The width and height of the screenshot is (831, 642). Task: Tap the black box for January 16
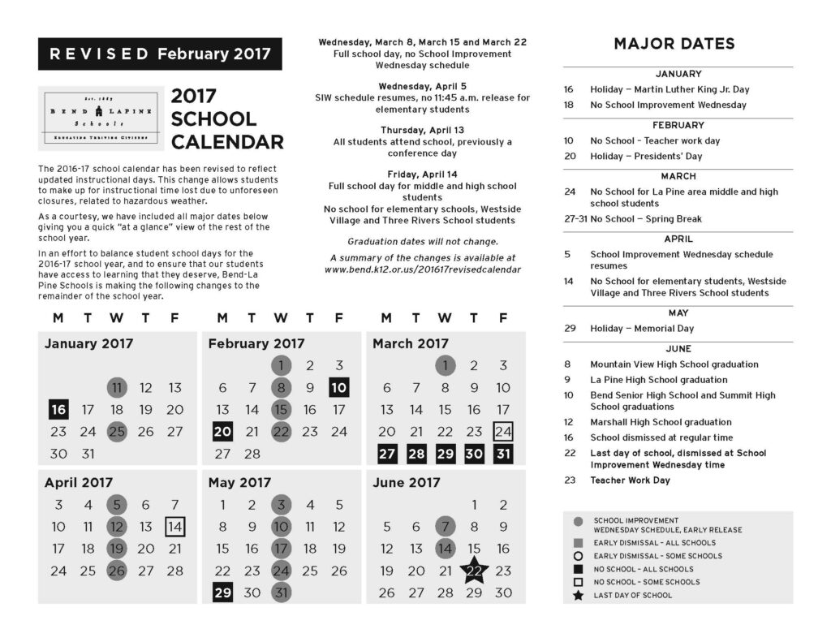click(x=58, y=408)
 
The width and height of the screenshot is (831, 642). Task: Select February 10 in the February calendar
click(x=339, y=388)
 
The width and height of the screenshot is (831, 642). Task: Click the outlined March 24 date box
click(x=503, y=432)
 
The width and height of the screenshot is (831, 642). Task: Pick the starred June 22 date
click(x=474, y=571)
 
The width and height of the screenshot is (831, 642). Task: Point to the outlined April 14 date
click(x=174, y=527)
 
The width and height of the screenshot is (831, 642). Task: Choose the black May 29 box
click(x=222, y=592)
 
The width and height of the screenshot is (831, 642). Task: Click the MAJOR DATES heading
click(x=674, y=44)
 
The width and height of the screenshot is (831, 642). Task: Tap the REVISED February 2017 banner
click(x=160, y=54)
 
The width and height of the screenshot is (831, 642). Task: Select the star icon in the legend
click(x=578, y=596)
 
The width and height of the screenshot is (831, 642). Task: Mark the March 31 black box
click(x=503, y=454)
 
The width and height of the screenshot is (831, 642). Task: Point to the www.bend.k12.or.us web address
click(x=422, y=269)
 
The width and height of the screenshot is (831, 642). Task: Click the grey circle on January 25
click(x=117, y=432)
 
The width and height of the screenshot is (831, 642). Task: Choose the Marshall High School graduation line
click(x=661, y=422)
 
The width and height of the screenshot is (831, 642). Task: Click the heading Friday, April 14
click(x=422, y=174)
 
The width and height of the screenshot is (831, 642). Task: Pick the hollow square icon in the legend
click(x=578, y=582)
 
